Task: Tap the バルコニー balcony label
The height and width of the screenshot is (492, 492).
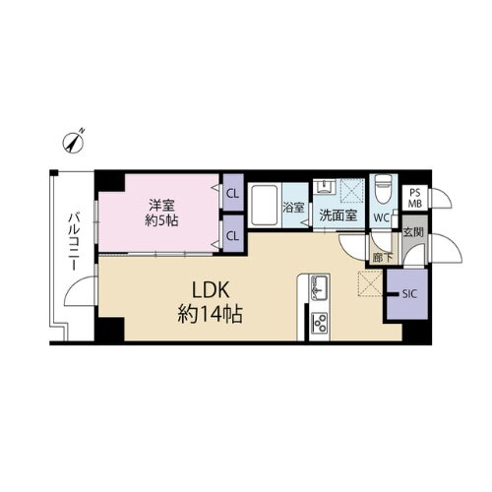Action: (74, 241)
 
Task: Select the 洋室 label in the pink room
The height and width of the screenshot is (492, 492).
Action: (161, 206)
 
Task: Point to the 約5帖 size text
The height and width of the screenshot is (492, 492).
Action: (161, 223)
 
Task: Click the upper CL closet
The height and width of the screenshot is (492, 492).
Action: (233, 194)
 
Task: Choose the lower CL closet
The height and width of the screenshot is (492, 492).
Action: (233, 236)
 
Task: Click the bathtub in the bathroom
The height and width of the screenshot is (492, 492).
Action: (267, 208)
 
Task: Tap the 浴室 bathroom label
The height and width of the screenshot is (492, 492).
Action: (293, 209)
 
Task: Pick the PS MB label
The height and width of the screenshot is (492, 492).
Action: (415, 198)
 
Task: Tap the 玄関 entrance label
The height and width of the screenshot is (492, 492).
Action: (414, 232)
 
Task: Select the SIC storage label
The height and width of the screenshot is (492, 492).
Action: (407, 292)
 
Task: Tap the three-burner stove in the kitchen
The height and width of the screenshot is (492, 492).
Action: (320, 322)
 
